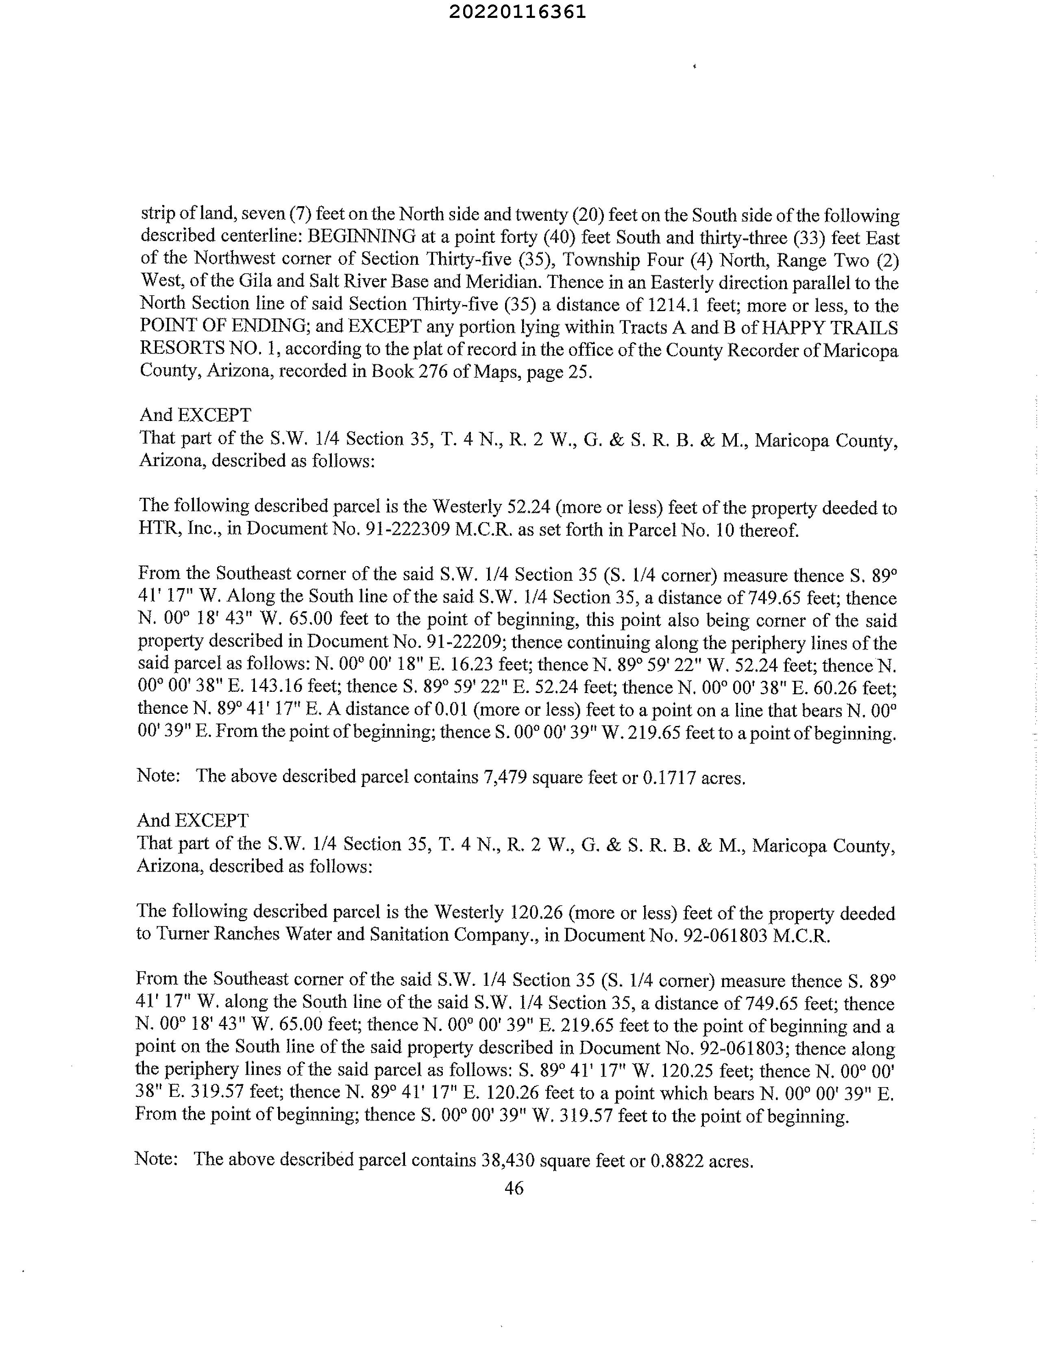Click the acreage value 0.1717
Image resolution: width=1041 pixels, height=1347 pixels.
click(x=669, y=778)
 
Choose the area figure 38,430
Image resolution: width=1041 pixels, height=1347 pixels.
click(x=505, y=1161)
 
